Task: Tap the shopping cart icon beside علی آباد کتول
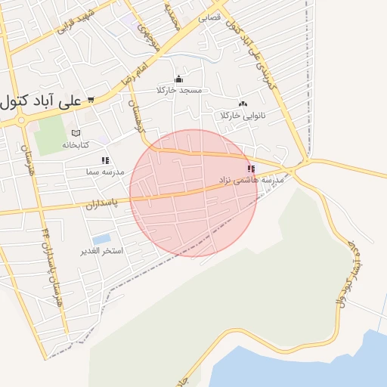(x=91, y=99)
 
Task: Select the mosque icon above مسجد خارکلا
(x=179, y=79)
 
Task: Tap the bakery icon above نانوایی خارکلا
(x=242, y=104)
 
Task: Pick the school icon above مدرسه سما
(x=105, y=160)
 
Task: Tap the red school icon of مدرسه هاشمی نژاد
(x=251, y=169)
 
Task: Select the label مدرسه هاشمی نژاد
(x=251, y=181)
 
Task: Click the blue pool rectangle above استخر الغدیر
(x=101, y=240)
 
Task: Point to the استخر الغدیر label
(x=101, y=250)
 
